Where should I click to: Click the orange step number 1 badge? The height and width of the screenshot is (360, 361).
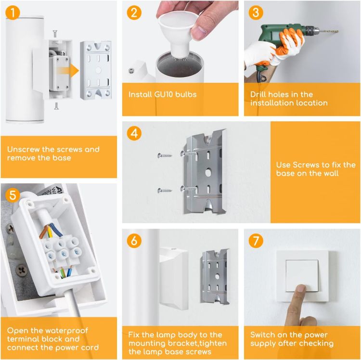(x=13, y=13)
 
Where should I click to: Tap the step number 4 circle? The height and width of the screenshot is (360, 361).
(x=134, y=133)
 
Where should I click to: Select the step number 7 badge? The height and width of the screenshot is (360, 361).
(x=256, y=241)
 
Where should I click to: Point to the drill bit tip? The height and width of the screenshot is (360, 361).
(x=337, y=31)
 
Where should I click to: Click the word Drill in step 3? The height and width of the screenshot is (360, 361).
(x=258, y=94)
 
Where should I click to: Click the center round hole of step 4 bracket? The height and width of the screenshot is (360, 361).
(x=208, y=172)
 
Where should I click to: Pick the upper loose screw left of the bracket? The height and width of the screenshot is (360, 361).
(x=165, y=155)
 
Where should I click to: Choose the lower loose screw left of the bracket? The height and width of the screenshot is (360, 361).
(x=165, y=191)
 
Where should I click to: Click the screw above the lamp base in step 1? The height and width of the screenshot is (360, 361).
(x=55, y=34)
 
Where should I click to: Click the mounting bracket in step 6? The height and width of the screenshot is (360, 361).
(x=215, y=276)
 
